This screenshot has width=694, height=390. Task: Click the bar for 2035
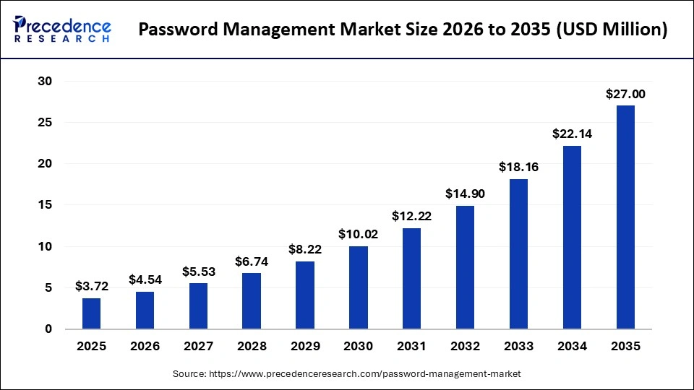(x=625, y=217)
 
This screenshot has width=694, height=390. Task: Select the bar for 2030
(x=359, y=287)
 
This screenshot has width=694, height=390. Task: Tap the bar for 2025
(x=92, y=313)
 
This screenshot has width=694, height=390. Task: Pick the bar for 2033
(x=518, y=253)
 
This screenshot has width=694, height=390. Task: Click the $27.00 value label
(x=625, y=94)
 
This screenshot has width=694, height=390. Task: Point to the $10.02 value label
(x=359, y=234)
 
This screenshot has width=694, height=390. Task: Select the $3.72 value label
(x=92, y=287)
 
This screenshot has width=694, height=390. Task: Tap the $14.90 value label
(x=465, y=194)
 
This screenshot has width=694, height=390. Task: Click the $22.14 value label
(x=572, y=134)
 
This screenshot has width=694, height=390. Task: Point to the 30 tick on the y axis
(x=45, y=82)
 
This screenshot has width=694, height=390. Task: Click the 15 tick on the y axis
(x=45, y=205)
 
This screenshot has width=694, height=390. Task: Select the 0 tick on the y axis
(x=48, y=329)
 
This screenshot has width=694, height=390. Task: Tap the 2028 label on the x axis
(x=252, y=347)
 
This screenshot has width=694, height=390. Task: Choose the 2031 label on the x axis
(x=412, y=347)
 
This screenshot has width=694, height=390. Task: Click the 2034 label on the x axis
(x=572, y=347)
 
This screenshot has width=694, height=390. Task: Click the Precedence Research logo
(x=62, y=30)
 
